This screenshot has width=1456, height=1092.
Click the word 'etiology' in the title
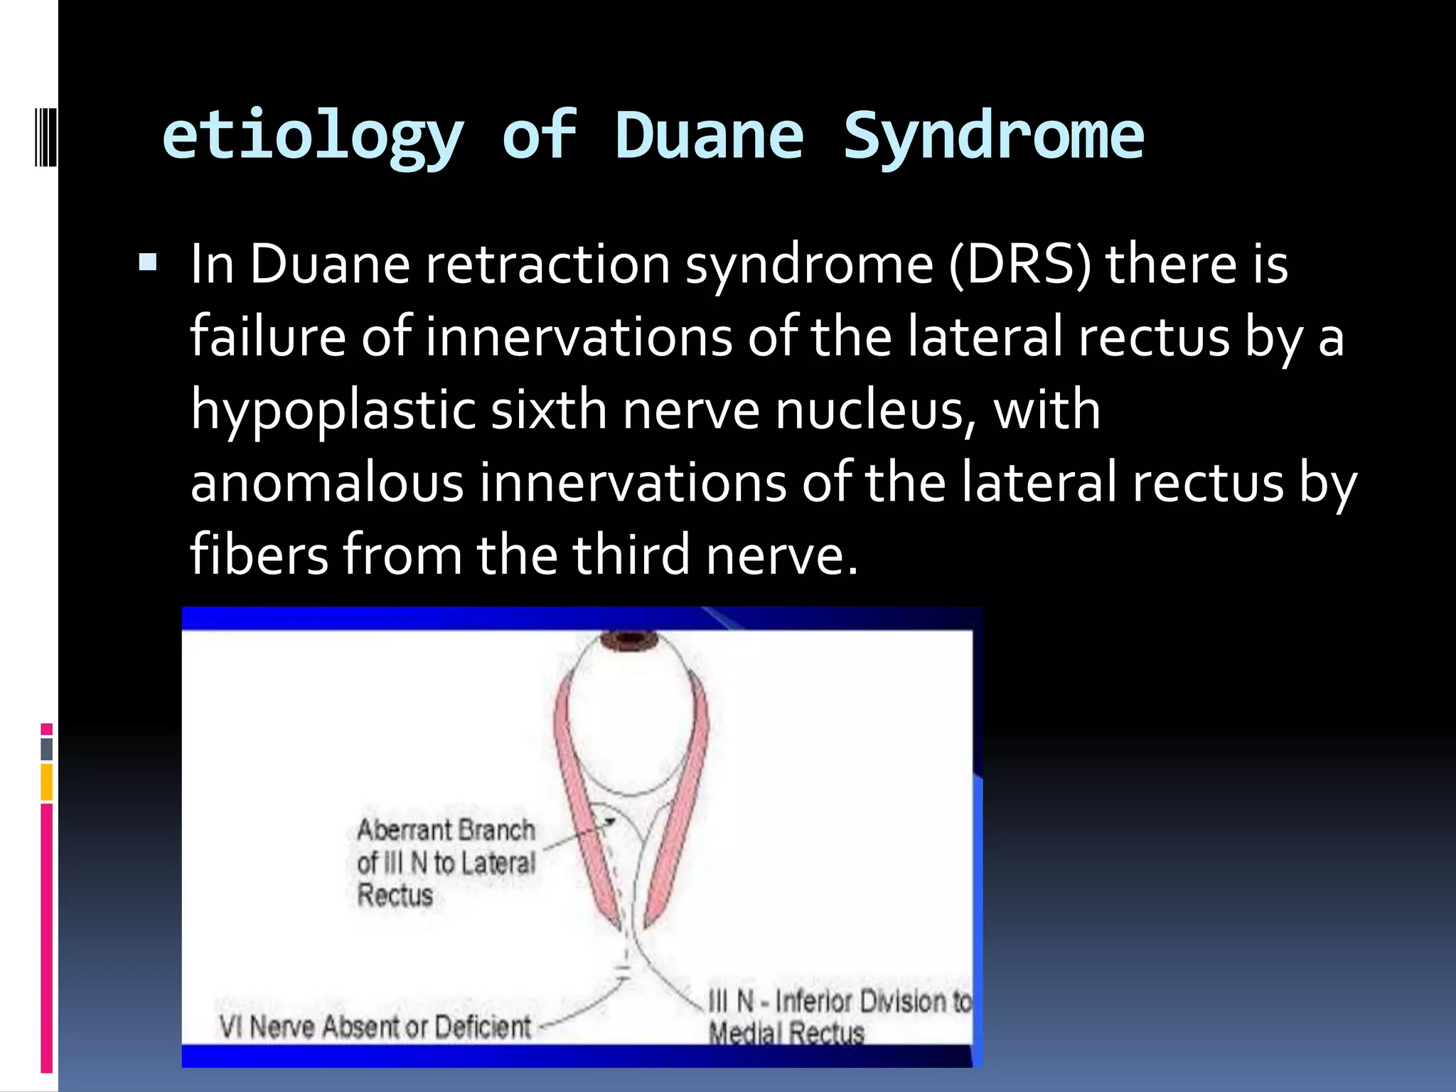pos(313,136)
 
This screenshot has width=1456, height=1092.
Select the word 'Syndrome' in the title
pos(993,136)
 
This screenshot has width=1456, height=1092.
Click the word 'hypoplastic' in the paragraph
pos(333,411)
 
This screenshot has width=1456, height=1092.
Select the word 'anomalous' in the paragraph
pos(327,483)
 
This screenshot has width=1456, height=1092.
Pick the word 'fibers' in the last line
pos(259,555)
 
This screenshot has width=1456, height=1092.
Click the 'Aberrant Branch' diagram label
pos(446,830)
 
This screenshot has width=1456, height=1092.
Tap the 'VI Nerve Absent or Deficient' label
pos(375,1027)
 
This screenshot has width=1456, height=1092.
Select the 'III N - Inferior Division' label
pos(839,1002)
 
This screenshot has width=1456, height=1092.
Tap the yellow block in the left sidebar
pos(47,781)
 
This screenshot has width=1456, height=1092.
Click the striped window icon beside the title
pos(46,136)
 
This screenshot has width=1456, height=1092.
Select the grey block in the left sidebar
pos(47,749)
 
